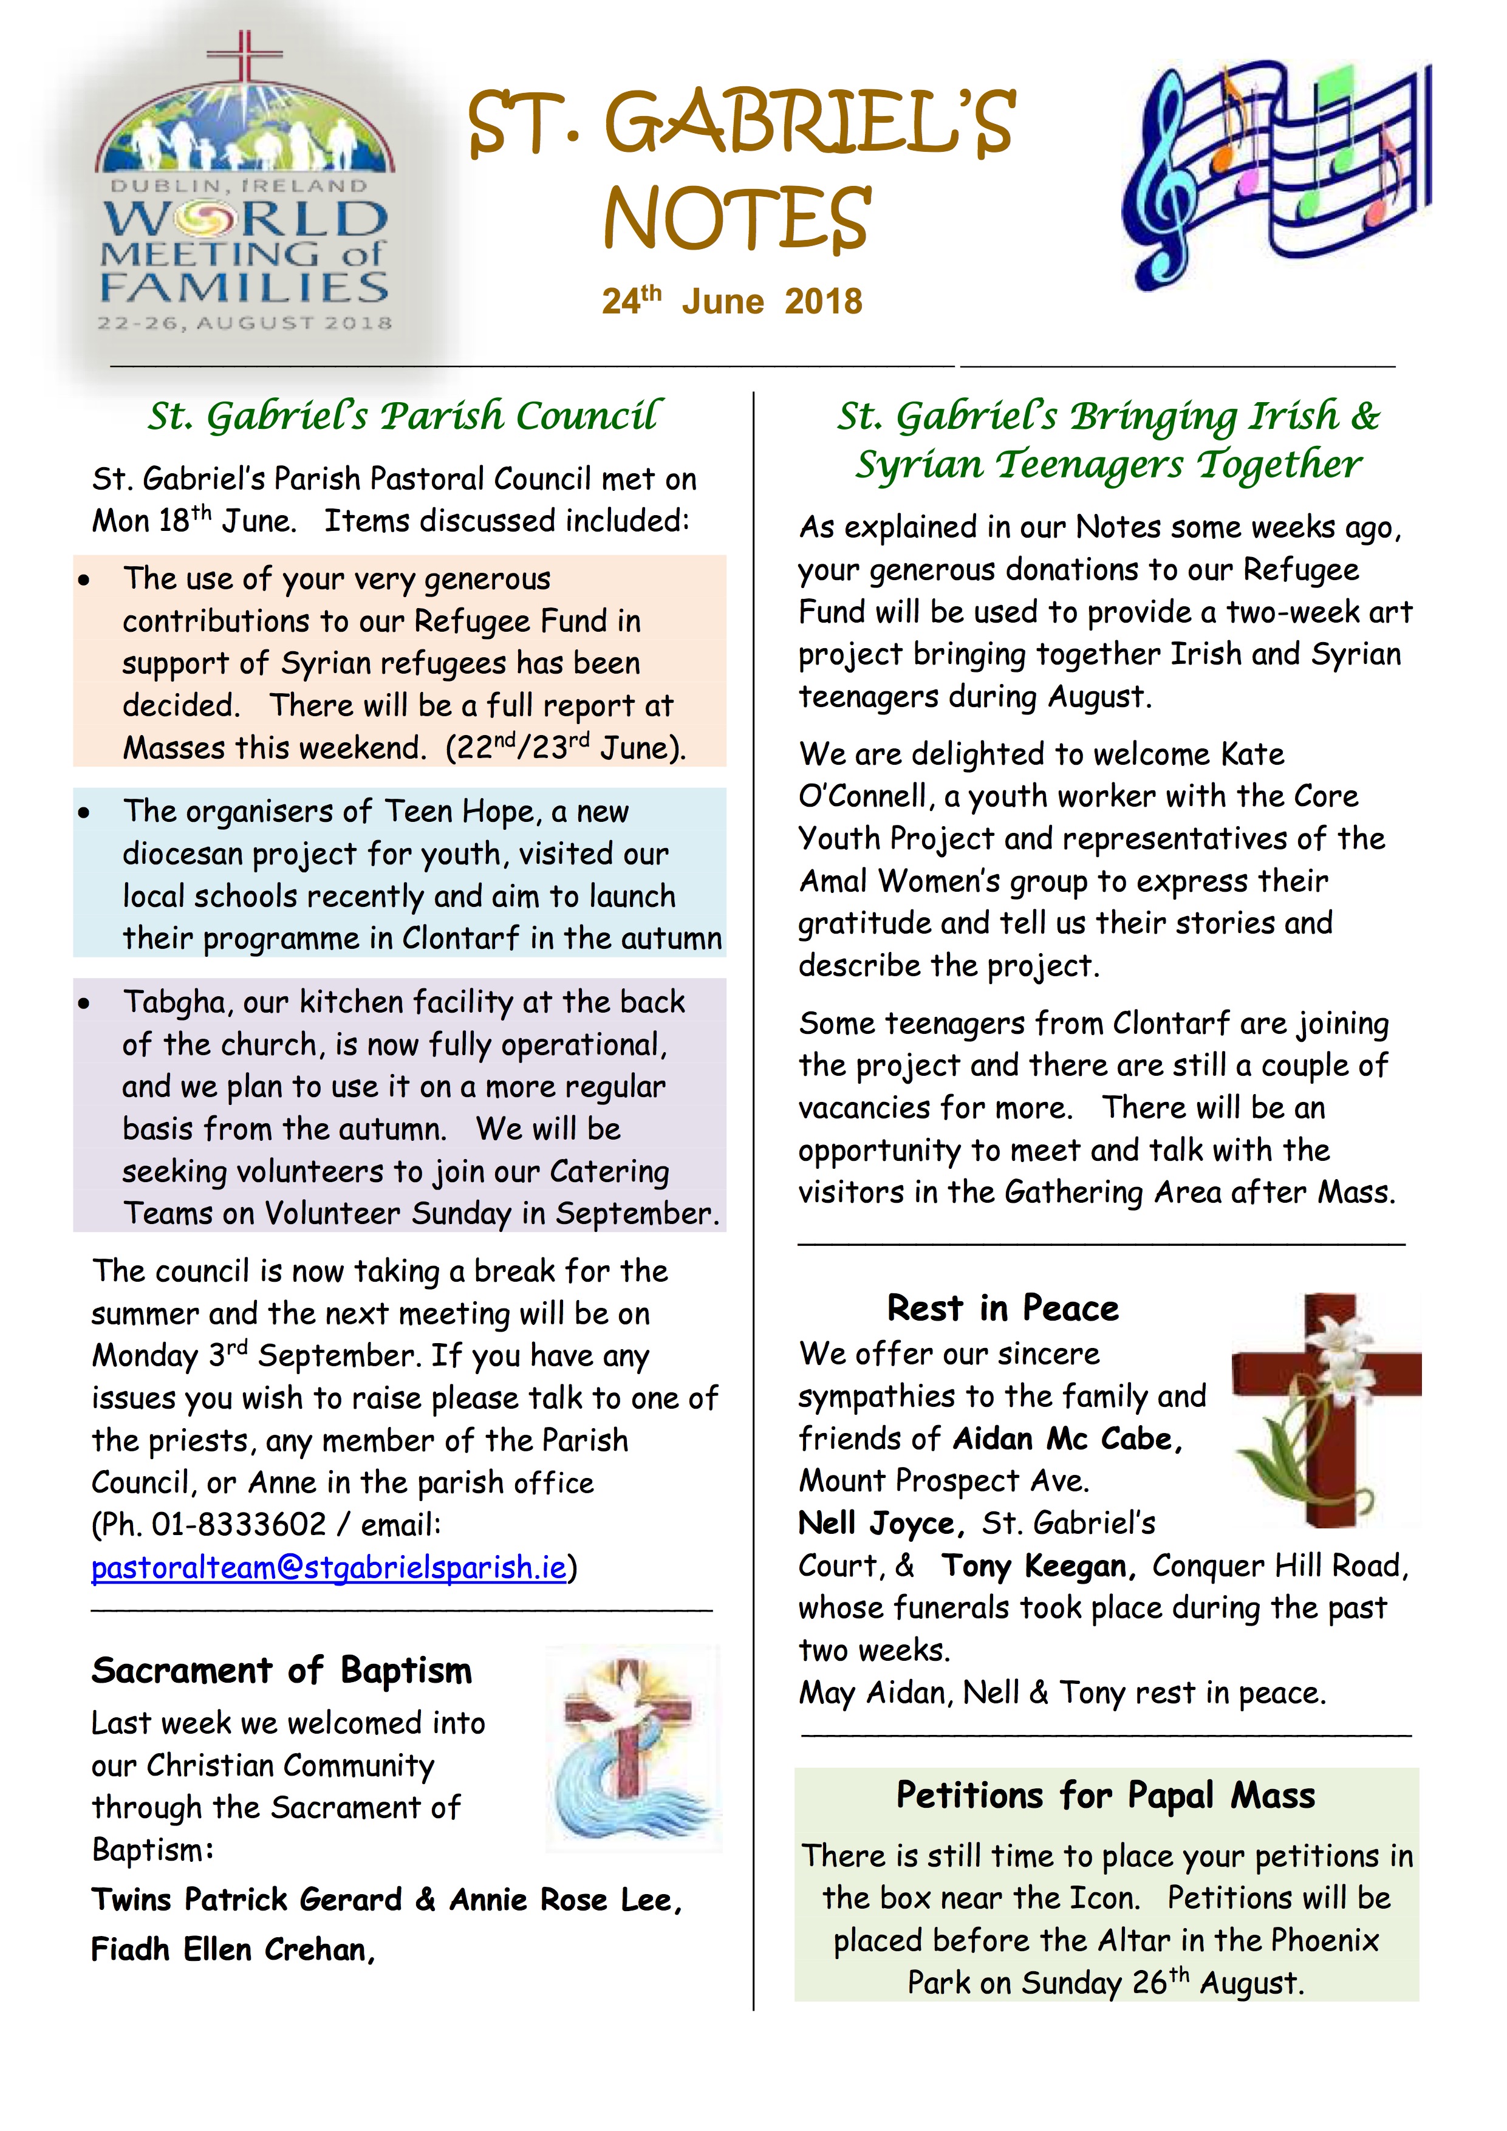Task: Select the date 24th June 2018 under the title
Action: click(x=732, y=302)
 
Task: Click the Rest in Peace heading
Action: click(x=1002, y=1308)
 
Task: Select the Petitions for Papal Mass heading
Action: click(x=1105, y=1795)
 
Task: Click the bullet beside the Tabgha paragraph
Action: click(x=84, y=1004)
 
